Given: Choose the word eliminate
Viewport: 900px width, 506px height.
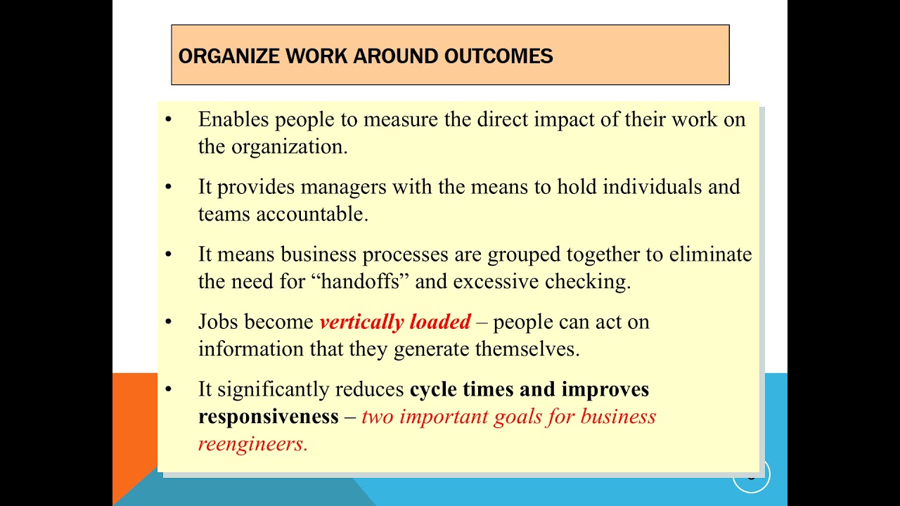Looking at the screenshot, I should [710, 254].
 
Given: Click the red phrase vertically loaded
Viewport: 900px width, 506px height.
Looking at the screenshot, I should [394, 322].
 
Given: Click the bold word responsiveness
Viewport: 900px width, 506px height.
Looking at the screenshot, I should [268, 416].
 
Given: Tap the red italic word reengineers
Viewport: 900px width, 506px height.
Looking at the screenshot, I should [252, 443].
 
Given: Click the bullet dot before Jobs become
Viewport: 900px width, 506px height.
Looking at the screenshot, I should [168, 322].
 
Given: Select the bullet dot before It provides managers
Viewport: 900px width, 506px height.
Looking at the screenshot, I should [168, 187].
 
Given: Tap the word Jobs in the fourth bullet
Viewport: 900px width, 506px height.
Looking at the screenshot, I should [219, 322].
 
